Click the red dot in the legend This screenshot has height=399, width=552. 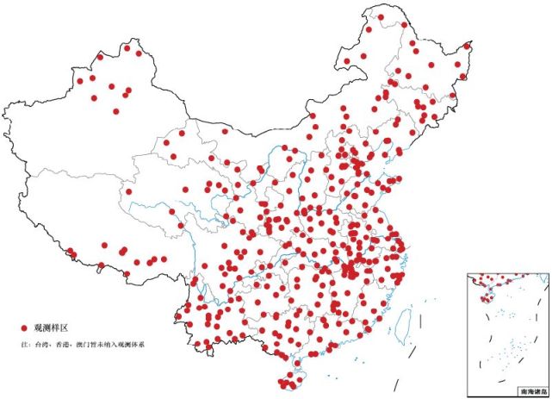point(25,328)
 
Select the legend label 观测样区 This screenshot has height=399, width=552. point(50,328)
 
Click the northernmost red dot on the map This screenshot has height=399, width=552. point(380,16)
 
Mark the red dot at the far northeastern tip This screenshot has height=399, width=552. point(468,46)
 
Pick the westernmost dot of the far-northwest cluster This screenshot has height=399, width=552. point(79,81)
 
